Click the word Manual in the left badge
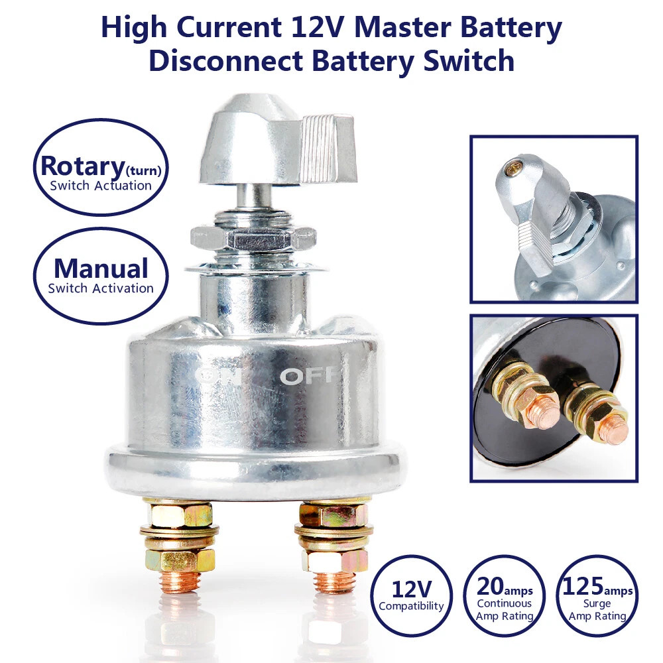pyautogui.click(x=101, y=269)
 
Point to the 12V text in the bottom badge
pyautogui.click(x=411, y=588)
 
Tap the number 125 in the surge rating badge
pyautogui.click(x=583, y=586)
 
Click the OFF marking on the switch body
pyautogui.click(x=312, y=377)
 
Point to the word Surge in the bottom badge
pyautogui.click(x=597, y=604)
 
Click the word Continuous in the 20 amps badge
pyautogui.click(x=504, y=604)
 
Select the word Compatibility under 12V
pyautogui.click(x=411, y=606)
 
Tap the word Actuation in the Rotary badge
pyautogui.click(x=122, y=186)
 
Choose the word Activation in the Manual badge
pyautogui.click(x=123, y=288)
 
